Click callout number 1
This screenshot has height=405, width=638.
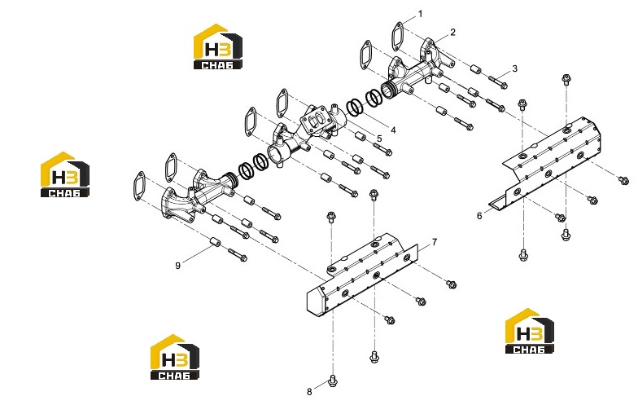point(420,15)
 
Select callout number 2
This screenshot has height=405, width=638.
point(452,33)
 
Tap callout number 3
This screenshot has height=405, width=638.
point(514,68)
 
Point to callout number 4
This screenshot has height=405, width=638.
point(392,130)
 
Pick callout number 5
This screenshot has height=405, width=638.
point(379,139)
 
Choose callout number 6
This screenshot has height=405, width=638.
point(479,215)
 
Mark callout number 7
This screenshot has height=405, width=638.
point(435,242)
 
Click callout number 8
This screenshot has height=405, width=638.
point(309,391)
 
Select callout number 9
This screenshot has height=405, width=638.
point(177,266)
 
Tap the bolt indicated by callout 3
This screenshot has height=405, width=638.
point(497,82)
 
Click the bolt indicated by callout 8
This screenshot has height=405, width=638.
point(333,381)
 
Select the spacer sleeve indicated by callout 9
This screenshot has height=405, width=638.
point(215,242)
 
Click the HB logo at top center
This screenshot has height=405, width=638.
point(218,46)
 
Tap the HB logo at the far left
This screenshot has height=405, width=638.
point(65,174)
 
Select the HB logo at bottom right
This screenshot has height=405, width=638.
point(529,331)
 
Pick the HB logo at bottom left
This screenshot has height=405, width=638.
point(174,357)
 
